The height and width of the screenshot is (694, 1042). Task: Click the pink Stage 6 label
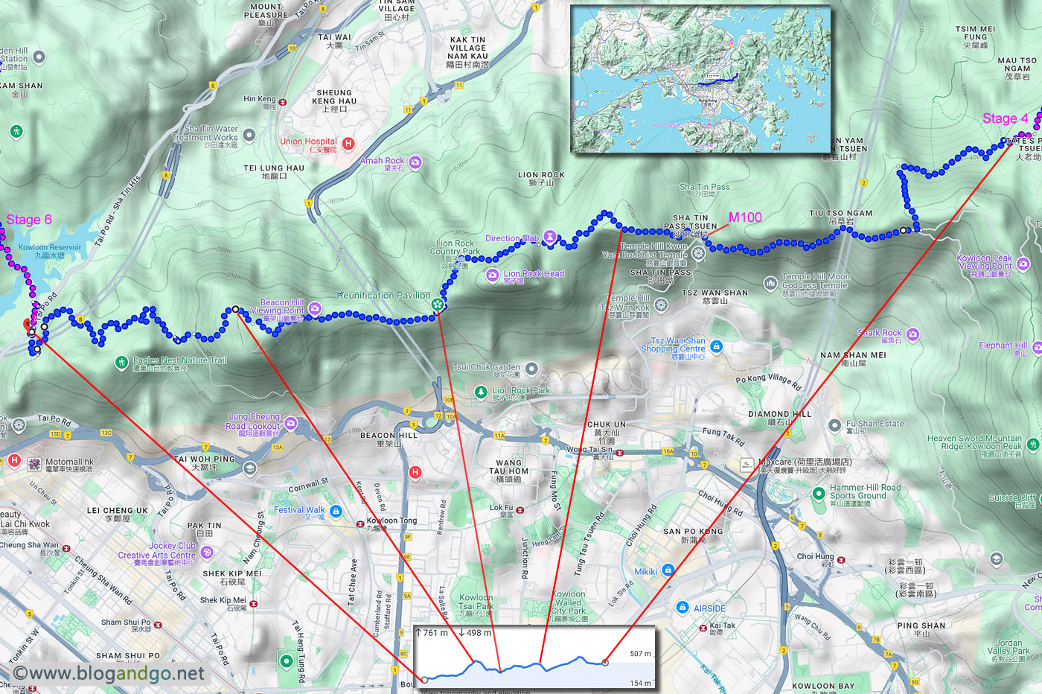(x=29, y=220)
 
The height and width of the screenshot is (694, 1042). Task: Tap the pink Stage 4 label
(x=1005, y=118)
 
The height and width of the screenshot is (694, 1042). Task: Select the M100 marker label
(x=745, y=217)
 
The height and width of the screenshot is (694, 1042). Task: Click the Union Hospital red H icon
(x=348, y=143)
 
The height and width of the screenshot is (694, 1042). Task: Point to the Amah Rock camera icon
(x=415, y=162)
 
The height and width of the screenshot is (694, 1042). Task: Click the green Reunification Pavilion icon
(x=439, y=304)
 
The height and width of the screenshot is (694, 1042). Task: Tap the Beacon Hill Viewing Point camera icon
(x=314, y=308)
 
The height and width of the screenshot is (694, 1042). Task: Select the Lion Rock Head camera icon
(x=492, y=276)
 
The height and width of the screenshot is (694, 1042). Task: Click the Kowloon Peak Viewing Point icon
(x=1023, y=264)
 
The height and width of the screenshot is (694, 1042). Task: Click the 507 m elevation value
(x=640, y=654)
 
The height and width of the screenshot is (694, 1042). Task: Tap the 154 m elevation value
(x=640, y=683)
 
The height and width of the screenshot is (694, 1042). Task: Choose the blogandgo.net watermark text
(x=109, y=673)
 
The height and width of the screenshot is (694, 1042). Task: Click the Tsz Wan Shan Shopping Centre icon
(x=716, y=346)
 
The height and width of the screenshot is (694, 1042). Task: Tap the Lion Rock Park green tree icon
(x=482, y=392)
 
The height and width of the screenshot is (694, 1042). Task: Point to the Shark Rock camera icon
(x=912, y=334)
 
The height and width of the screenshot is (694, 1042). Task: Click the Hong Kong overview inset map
(x=700, y=79)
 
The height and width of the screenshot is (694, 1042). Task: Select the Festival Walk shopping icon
(x=336, y=511)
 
